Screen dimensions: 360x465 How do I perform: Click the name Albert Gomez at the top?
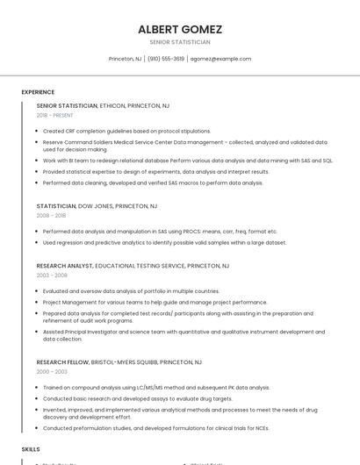[179, 29]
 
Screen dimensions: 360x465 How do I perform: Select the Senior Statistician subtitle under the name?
[179, 42]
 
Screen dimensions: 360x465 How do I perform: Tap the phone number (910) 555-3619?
[166, 59]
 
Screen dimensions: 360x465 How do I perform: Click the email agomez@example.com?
[220, 59]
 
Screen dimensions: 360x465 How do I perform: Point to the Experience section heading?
[38, 92]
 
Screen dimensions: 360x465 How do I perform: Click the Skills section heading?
[31, 448]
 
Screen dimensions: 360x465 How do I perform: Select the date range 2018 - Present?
[54, 115]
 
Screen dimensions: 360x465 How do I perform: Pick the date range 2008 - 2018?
[51, 215]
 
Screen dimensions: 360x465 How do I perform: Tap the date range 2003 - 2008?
[52, 275]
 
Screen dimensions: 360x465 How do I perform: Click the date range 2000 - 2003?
[52, 371]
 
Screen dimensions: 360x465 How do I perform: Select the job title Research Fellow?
[61, 361]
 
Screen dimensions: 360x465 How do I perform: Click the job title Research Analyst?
[64, 265]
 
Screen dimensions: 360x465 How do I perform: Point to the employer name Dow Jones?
[96, 205]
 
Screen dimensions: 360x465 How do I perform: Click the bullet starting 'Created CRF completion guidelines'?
[126, 131]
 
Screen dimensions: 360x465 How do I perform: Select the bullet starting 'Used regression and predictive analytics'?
[164, 242]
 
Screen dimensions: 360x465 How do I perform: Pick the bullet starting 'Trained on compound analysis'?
[156, 387]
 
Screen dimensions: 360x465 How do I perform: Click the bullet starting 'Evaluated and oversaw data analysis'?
[131, 290]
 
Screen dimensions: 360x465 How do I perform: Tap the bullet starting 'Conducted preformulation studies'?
[155, 428]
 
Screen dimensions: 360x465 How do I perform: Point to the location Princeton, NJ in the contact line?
[125, 59]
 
